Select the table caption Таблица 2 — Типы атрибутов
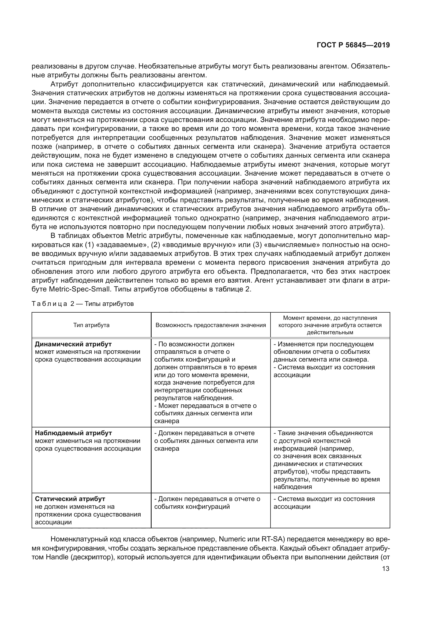(83, 304)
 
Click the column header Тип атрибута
(91, 325)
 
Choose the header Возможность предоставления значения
(211, 325)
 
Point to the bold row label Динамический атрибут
(73, 344)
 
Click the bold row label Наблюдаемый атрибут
(73, 433)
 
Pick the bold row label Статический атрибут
(70, 499)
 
